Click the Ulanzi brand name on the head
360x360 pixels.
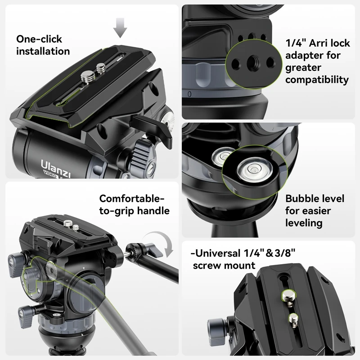pyautogui.click(x=51, y=161)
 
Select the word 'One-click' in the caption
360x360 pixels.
pyautogui.click(x=39, y=39)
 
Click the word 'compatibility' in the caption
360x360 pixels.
pyautogui.click(x=317, y=80)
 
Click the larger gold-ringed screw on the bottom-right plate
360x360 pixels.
pyautogui.click(x=286, y=295)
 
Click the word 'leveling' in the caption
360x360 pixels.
pyautogui.click(x=304, y=223)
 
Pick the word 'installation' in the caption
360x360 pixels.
pyautogui.click(x=43, y=51)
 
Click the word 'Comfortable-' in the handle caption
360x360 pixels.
pyautogui.click(x=131, y=198)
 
